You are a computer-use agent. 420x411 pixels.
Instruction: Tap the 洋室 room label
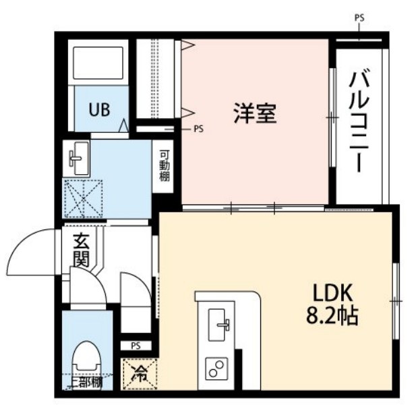(255, 113)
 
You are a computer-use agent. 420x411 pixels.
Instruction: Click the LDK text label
(331, 294)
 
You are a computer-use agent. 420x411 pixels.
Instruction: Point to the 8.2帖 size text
(330, 315)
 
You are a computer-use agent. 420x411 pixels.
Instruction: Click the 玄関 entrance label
(82, 250)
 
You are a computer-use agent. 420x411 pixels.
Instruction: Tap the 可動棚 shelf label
(164, 164)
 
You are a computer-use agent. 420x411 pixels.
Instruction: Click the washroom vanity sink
(78, 159)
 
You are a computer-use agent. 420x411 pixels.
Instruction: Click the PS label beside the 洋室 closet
(198, 128)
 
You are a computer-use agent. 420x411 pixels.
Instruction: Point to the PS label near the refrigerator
(136, 346)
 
